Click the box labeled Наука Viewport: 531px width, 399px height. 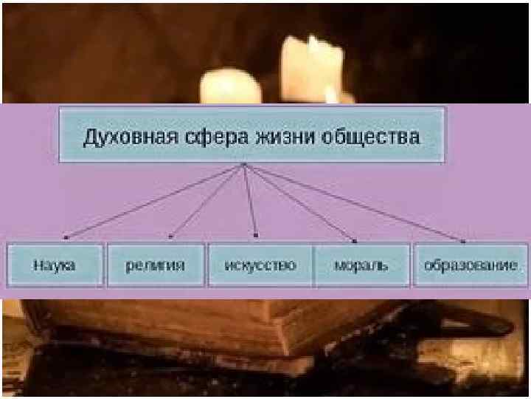pyautogui.click(x=54, y=265)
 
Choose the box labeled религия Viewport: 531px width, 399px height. pyautogui.click(x=156, y=265)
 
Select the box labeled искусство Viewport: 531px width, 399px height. pyautogui.click(x=261, y=265)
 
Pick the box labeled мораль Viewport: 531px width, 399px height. pyautogui.click(x=361, y=265)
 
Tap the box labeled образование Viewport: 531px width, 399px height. pyautogui.click(x=471, y=265)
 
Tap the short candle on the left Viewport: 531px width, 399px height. pyautogui.click(x=230, y=87)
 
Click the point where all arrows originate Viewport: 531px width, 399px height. pyautogui.click(x=243, y=166)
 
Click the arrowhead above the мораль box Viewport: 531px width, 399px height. pyautogui.click(x=355, y=240)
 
